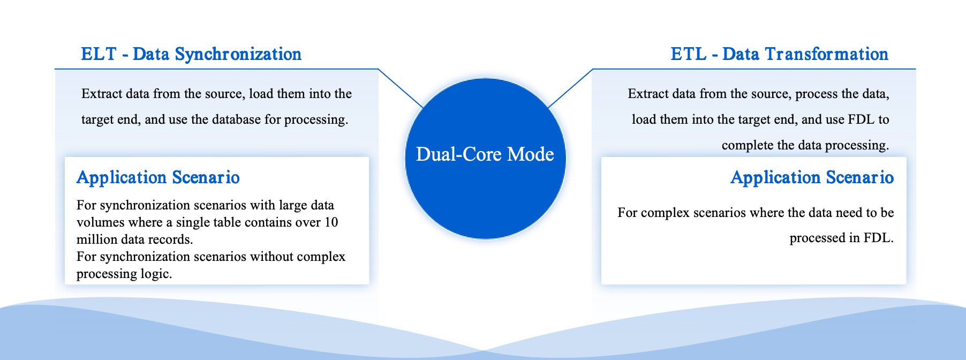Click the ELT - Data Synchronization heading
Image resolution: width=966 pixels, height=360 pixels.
(191, 54)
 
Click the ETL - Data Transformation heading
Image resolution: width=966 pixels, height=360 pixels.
(779, 54)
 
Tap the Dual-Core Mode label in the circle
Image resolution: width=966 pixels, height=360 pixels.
(485, 154)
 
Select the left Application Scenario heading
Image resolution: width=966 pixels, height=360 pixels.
(158, 177)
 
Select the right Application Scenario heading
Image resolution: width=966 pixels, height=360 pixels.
(812, 177)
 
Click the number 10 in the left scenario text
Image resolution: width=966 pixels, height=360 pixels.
(331, 222)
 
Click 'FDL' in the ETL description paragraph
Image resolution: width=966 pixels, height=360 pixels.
(861, 119)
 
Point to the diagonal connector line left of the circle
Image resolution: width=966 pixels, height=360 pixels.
(401, 88)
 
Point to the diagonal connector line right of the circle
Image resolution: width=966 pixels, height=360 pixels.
(570, 88)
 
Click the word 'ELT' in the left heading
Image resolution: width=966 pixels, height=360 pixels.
(99, 54)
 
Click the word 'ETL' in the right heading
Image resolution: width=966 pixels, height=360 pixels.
(689, 54)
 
